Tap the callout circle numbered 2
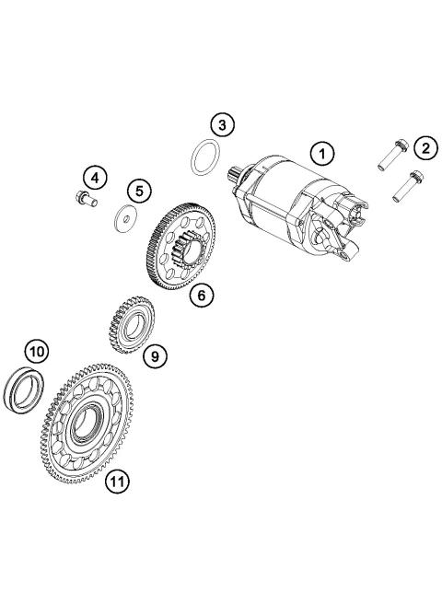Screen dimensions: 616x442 tap(425, 147)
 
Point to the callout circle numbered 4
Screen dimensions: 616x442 tap(96, 175)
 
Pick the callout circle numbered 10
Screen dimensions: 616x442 tap(36, 351)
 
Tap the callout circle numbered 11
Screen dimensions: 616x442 tap(114, 480)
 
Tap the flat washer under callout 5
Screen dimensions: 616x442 tap(122, 219)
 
